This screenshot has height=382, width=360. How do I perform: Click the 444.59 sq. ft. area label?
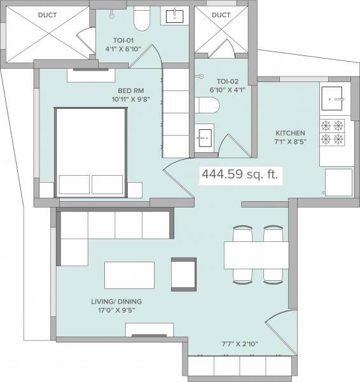click(x=240, y=173)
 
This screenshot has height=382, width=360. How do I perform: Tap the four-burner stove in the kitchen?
click(x=332, y=132)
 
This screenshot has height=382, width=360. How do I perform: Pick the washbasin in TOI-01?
click(x=173, y=18)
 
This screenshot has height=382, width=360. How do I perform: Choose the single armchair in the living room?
click(x=184, y=272)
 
